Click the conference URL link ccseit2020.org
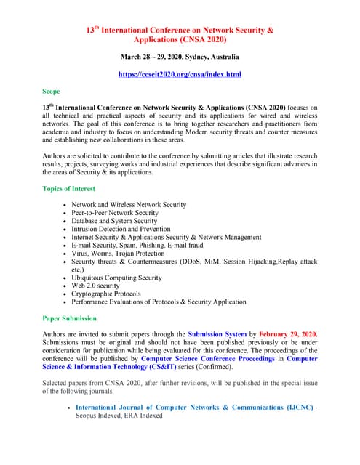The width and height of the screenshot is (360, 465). pos(180,74)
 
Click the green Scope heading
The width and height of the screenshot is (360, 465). pos(51,92)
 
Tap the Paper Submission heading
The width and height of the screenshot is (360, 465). pos(70,318)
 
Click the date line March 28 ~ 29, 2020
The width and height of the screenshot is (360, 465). pos(180,57)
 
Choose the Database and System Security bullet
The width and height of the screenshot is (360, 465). pos(120,221)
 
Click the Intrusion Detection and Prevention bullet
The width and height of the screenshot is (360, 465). pos(121,229)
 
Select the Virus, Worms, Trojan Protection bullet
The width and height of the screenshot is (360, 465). pos(118,254)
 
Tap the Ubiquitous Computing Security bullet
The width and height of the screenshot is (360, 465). pos(116,278)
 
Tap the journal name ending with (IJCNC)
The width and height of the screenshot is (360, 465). pos(194,408)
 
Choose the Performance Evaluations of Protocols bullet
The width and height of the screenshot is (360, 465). pos(159,302)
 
